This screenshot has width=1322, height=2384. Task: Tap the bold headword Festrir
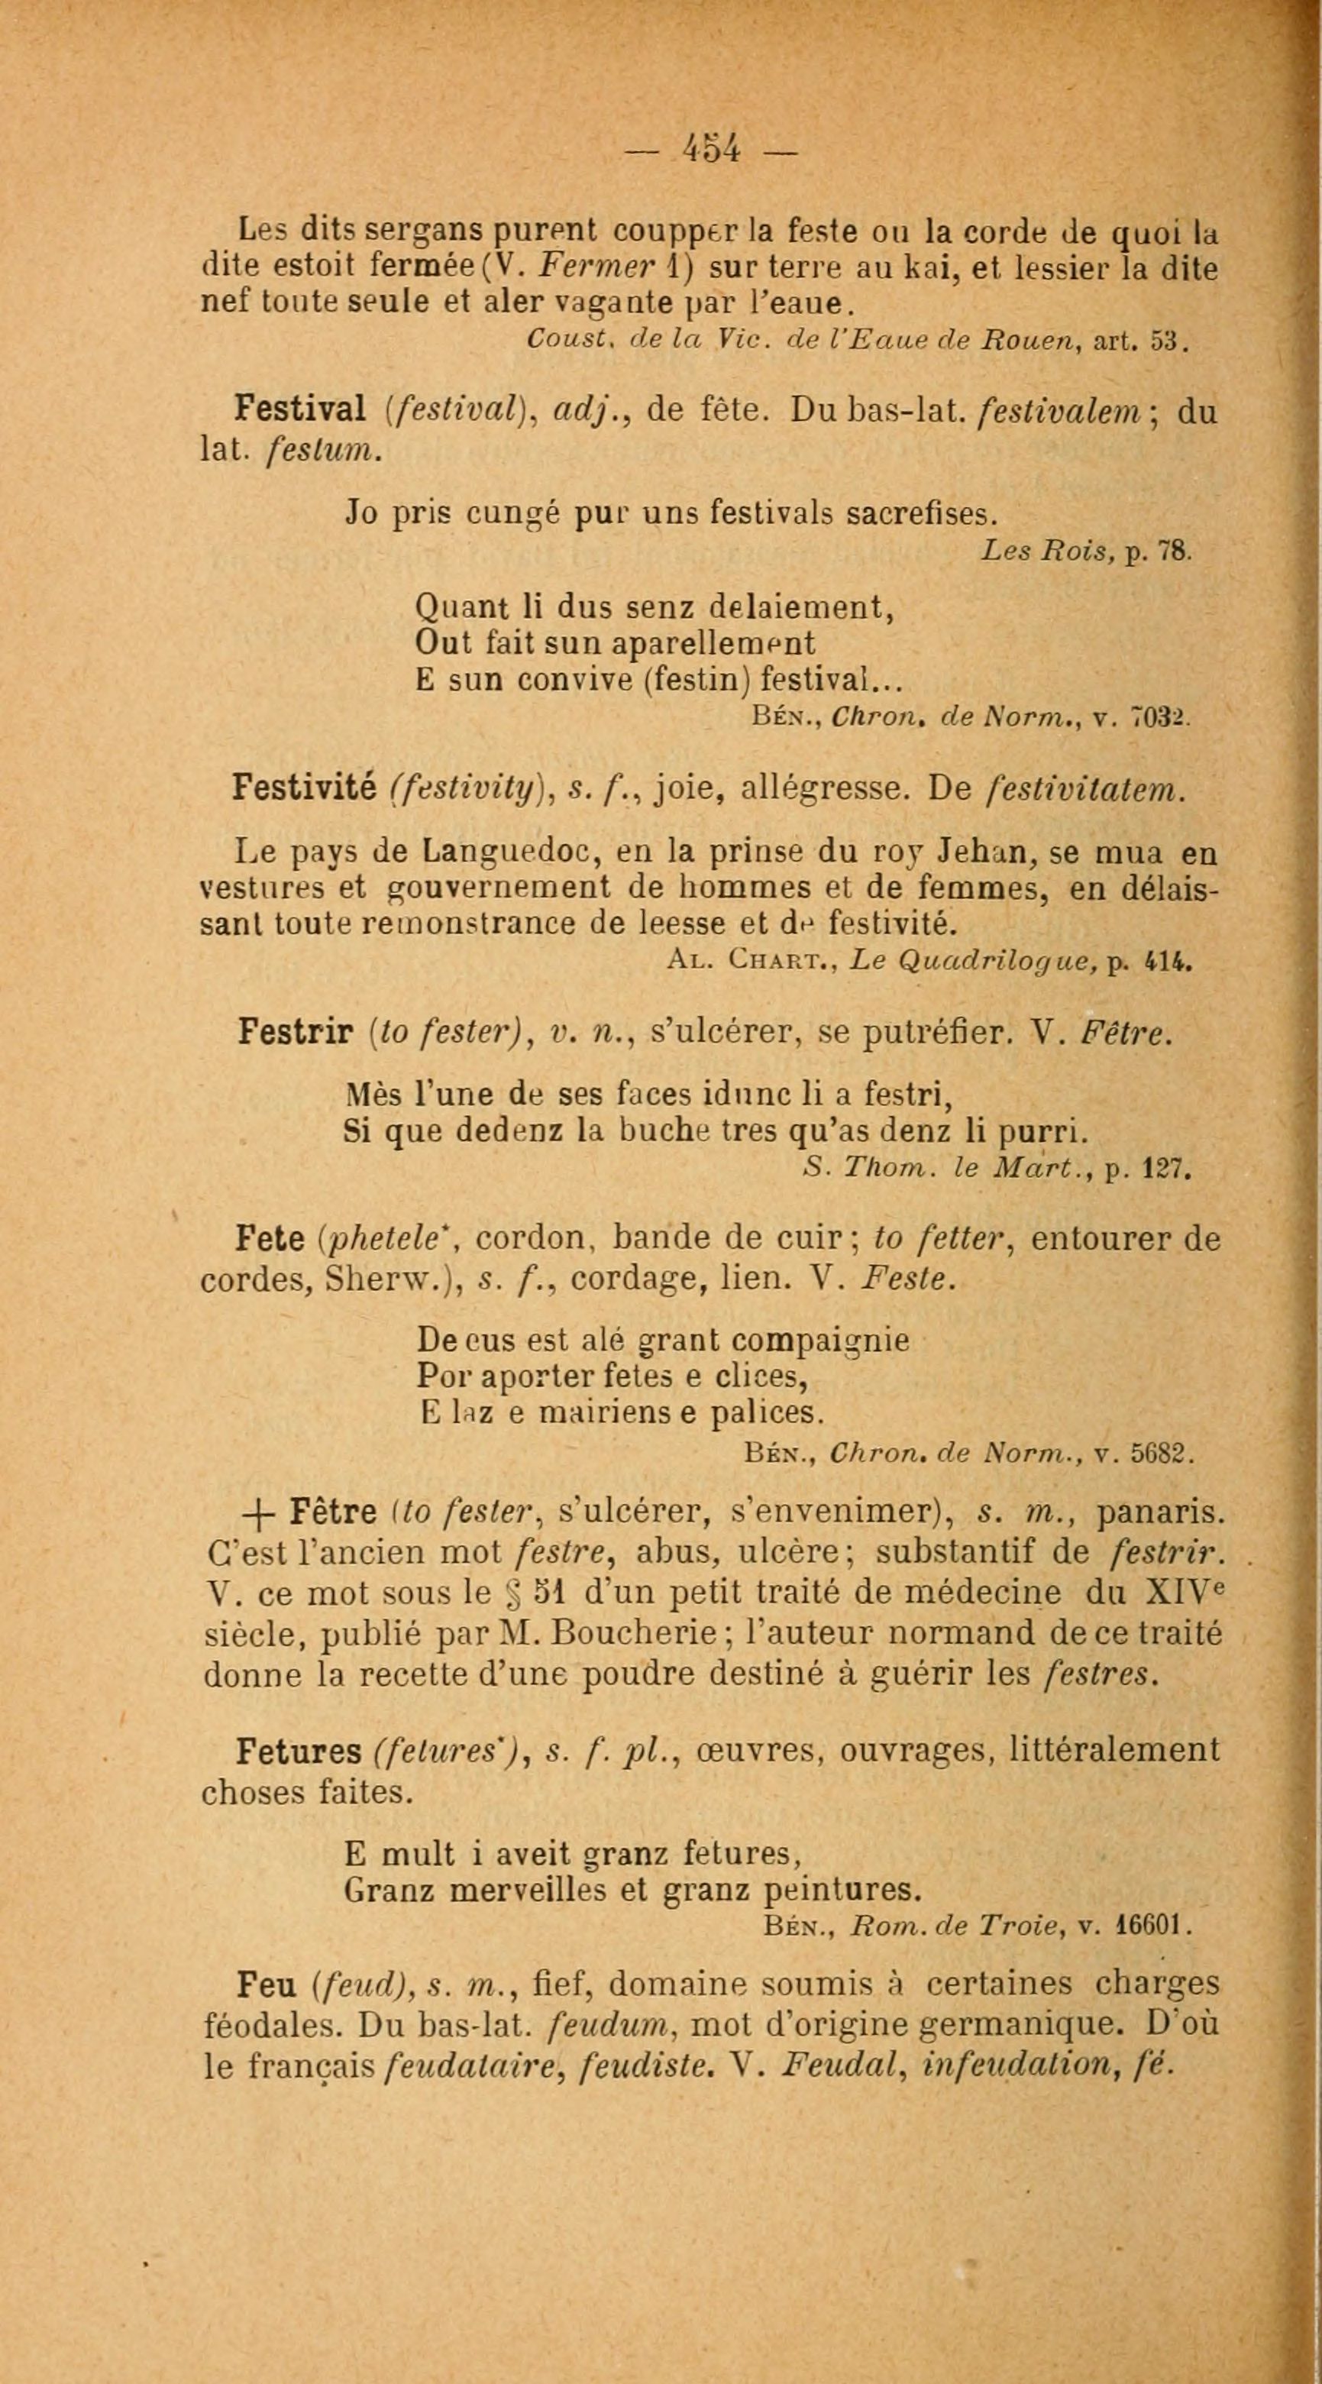point(296,1031)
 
